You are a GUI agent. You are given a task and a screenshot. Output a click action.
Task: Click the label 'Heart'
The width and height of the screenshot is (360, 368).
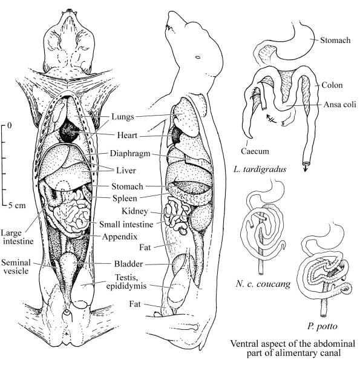tap(127, 136)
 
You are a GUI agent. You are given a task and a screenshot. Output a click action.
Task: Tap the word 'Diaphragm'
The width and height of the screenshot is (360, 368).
tap(130, 154)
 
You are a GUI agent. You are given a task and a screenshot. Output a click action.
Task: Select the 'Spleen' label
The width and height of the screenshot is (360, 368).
tap(125, 199)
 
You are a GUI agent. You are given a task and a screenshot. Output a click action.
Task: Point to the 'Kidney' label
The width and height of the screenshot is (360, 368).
tap(135, 211)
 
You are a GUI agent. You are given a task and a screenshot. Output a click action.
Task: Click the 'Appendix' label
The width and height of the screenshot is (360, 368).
tap(120, 237)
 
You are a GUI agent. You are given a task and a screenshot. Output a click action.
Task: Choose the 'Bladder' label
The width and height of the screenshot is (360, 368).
tap(128, 264)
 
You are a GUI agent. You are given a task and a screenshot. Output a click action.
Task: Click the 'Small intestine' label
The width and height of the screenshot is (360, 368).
tap(126, 225)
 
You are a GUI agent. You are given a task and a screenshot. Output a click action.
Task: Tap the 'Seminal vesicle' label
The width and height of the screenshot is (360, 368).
tap(16, 266)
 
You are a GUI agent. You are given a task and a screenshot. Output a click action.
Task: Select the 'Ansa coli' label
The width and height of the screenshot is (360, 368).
tap(339, 104)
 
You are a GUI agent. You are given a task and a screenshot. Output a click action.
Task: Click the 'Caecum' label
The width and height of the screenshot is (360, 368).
tap(255, 151)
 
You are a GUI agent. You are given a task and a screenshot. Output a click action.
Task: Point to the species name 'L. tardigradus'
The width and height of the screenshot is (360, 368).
tap(260, 169)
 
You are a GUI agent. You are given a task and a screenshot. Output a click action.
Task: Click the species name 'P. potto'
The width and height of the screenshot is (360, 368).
tap(322, 326)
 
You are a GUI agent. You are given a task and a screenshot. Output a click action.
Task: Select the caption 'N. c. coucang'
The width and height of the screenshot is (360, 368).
tap(263, 284)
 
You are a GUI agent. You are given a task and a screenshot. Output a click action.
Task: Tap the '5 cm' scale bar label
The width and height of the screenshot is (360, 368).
tap(17, 206)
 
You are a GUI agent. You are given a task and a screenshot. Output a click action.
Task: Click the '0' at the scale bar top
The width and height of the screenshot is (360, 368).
tap(9, 125)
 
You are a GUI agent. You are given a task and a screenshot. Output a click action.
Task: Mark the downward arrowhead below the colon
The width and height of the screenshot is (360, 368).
tap(305, 169)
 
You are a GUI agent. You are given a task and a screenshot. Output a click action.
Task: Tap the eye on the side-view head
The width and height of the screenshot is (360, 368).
tap(198, 57)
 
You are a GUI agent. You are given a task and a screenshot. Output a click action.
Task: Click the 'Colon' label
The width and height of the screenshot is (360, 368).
tap(332, 85)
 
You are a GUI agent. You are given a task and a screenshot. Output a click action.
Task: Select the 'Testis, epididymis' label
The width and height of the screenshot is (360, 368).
tap(126, 281)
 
